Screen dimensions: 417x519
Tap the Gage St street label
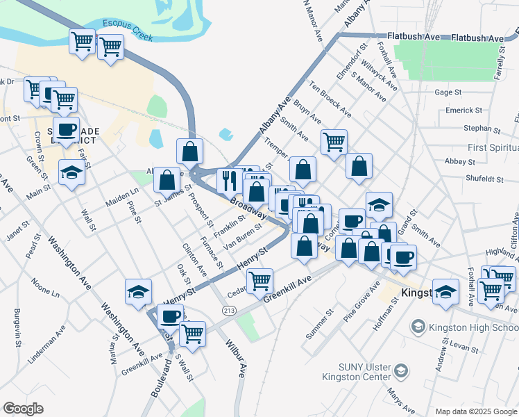point(448,92)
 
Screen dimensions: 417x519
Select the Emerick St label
point(464,110)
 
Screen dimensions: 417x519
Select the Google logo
point(23,409)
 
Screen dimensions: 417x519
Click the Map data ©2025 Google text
point(475,411)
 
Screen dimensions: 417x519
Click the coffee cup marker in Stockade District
point(66,129)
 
